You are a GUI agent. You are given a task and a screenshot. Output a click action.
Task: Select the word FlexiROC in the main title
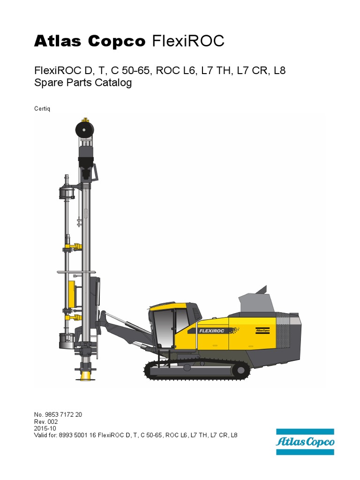[x=188, y=42]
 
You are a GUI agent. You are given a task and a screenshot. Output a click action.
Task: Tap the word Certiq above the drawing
[x=42, y=109]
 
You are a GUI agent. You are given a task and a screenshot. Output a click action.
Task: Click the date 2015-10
[x=45, y=428]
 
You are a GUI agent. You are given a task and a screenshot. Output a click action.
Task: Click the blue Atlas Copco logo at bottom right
[x=305, y=442]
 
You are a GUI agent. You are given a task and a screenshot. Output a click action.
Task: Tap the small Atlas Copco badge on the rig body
[x=262, y=330]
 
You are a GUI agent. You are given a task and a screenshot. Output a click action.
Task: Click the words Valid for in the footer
[x=47, y=435]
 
